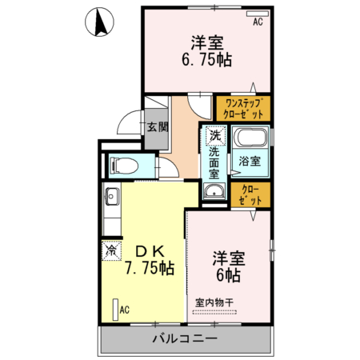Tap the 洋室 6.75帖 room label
[x=206, y=50]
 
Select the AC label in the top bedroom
[x=258, y=22]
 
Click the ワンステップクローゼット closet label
[x=243, y=108]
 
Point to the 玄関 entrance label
[x=158, y=126]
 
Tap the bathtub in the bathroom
[x=250, y=138]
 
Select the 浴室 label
[x=250, y=161]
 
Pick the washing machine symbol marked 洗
[x=214, y=135]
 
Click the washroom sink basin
[x=214, y=190]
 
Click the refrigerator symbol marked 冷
[x=110, y=250]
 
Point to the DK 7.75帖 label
[x=147, y=258]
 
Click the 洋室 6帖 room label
[x=227, y=266]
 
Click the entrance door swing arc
[x=128, y=122]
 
